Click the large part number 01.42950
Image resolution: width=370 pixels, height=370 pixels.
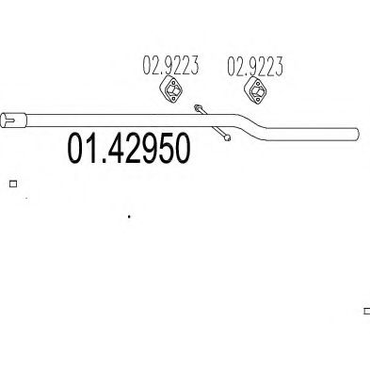pos(130,151)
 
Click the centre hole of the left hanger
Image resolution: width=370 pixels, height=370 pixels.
pos(172,93)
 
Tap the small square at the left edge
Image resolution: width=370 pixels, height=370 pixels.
pos(12,185)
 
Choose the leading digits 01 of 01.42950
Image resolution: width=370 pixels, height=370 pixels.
pos(82,151)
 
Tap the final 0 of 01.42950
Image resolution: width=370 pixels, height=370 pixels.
pos(182,151)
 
